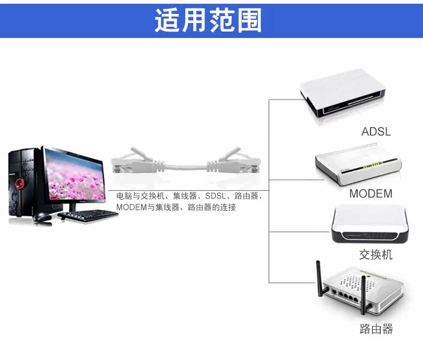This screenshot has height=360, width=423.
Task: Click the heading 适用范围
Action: click(208, 20)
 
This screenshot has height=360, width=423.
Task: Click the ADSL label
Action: click(376, 132)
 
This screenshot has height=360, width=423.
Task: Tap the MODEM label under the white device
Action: click(371, 194)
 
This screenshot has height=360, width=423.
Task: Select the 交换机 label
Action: click(376, 255)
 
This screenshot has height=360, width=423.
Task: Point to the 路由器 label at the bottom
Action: click(376, 329)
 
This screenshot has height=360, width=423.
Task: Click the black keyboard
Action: click(88, 215)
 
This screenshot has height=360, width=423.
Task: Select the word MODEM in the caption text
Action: click(131, 207)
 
